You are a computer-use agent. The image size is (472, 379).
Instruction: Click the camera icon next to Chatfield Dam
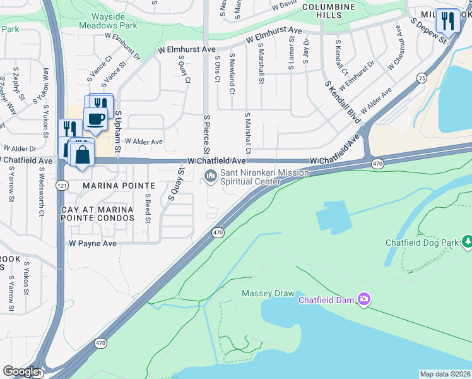click(x=363, y=299)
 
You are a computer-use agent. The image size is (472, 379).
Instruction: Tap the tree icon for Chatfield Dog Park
click(x=468, y=241)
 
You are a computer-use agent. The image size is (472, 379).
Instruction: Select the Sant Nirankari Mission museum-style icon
click(x=210, y=176)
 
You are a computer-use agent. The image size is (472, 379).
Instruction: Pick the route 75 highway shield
click(x=422, y=77)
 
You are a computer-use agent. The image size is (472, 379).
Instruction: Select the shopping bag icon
click(x=83, y=153)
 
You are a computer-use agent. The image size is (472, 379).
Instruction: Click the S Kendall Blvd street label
click(x=343, y=101)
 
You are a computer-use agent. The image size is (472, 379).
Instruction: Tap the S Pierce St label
click(x=206, y=134)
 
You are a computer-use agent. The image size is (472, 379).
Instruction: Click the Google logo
click(x=21, y=371)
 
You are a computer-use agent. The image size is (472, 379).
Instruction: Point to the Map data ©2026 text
click(x=445, y=374)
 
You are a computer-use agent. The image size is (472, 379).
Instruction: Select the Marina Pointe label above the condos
click(x=119, y=186)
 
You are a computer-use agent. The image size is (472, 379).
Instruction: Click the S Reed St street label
click(x=148, y=208)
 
